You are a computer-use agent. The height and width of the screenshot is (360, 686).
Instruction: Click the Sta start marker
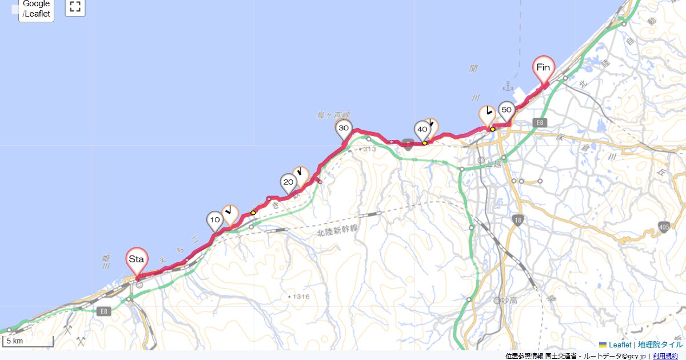(137, 260)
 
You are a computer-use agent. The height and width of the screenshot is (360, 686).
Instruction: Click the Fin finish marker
(544, 68)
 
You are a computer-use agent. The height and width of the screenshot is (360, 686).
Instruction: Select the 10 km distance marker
(215, 220)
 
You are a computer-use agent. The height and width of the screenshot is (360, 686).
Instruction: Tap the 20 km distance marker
(288, 183)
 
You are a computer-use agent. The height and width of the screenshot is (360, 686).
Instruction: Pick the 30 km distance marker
(344, 129)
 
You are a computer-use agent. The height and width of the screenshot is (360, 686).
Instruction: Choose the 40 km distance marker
(422, 130)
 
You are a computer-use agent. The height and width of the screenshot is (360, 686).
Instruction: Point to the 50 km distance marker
(506, 110)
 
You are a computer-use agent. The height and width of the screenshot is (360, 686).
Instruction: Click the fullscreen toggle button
(75, 7)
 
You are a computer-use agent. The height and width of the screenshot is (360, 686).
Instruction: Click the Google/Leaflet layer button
(37, 9)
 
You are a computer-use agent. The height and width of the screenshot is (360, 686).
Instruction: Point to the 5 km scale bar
(27, 342)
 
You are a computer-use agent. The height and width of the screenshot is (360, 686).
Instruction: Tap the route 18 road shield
(517, 221)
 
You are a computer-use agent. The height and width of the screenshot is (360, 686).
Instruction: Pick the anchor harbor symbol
(507, 86)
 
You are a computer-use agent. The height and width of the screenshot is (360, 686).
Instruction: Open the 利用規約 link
(666, 356)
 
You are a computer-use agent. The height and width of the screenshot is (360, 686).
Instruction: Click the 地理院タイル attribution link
(660, 345)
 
